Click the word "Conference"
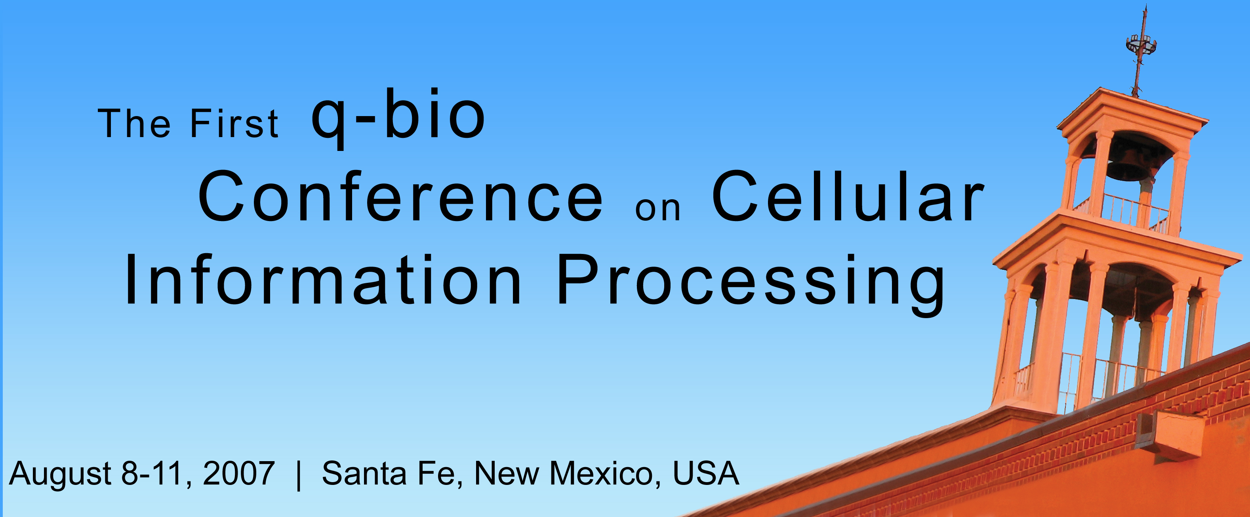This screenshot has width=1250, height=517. pyautogui.click(x=401, y=198)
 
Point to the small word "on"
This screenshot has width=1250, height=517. pyautogui.click(x=657, y=209)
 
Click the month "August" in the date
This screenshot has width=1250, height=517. pyautogui.click(x=61, y=474)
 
